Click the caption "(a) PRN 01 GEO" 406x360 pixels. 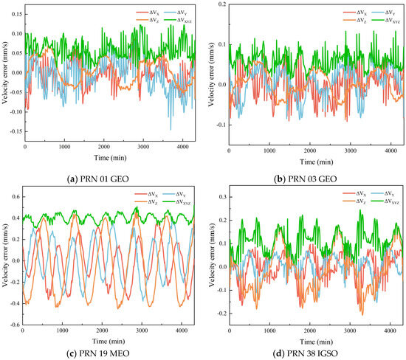coord(97,179)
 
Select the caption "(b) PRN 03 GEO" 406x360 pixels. coord(306,179)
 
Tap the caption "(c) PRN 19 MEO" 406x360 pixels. coord(97,353)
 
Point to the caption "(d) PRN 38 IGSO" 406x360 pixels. coord(306,353)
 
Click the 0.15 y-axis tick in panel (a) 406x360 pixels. coord(17,14)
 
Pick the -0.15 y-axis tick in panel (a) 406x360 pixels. coord(16,131)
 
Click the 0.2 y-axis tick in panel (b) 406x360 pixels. coord(222,4)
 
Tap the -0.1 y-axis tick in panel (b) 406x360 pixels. coord(221,125)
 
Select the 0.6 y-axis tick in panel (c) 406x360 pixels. coord(16,197)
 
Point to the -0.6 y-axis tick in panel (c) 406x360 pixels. coord(15,325)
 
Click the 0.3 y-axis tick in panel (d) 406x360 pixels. coord(222,197)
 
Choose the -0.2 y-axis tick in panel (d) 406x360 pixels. coord(221,314)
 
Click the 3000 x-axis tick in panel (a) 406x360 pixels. coord(143,147)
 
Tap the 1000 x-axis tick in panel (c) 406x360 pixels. coord(62,330)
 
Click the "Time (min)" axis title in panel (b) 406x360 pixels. coord(316,162)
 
